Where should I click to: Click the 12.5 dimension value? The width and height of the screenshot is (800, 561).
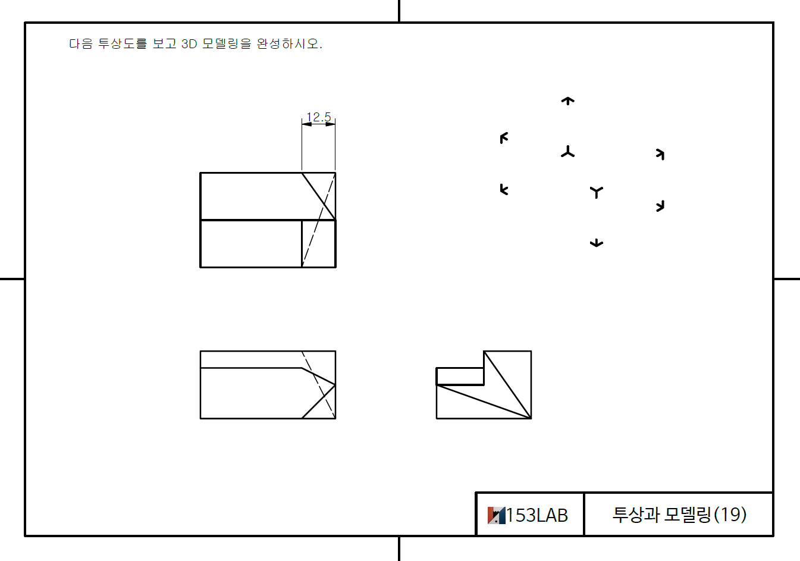tap(318, 117)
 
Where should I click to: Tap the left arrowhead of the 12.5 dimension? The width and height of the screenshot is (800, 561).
tap(306, 124)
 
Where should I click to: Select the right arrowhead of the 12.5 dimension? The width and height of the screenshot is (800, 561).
tap(331, 124)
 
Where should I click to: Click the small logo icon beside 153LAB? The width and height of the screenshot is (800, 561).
tap(496, 515)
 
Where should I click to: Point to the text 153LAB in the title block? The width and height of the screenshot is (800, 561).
tap(537, 515)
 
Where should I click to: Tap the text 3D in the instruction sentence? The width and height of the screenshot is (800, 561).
tap(189, 44)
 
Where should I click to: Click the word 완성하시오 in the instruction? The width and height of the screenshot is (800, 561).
tap(289, 44)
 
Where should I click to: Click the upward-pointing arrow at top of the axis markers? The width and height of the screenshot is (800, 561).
tap(568, 101)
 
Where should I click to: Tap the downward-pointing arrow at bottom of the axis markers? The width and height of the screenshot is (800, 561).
tap(597, 243)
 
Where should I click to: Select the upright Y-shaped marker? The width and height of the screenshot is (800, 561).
tap(597, 192)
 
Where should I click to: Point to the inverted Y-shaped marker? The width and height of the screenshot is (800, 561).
tap(568, 152)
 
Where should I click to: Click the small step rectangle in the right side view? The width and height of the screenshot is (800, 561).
tap(460, 377)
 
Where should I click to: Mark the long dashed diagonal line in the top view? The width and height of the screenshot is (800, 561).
tap(319, 220)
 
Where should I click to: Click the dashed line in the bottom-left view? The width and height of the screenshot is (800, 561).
tap(319, 386)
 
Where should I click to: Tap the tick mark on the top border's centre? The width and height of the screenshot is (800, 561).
tap(399, 11)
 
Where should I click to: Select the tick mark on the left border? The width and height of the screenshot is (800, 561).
tap(12, 278)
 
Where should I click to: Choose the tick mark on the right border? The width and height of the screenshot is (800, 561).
tap(786, 278)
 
